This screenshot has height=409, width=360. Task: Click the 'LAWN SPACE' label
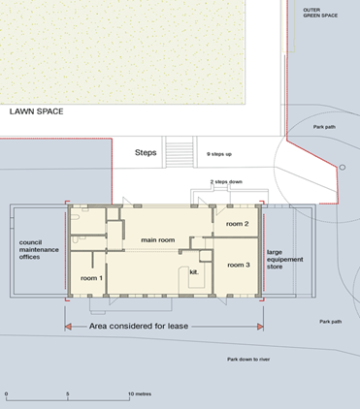pos(36,111)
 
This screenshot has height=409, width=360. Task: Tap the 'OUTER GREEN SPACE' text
pos(320,13)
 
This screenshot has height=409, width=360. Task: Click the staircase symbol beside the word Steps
pos(180,152)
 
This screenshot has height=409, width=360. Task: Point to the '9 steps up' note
pos(219,154)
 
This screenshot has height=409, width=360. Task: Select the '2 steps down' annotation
pos(226,182)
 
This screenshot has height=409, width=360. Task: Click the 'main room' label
pos(158,240)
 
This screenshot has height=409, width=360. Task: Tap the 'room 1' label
pos(91,278)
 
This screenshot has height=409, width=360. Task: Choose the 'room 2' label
pos(237,224)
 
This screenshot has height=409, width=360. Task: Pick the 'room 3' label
pos(239,266)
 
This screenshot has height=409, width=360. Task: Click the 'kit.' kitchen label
pos(194,272)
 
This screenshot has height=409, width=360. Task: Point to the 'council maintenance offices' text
pos(39,250)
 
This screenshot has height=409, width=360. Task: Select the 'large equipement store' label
pos(285,260)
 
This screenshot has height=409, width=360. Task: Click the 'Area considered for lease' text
pos(139,327)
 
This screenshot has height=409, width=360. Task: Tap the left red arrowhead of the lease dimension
pos(68,327)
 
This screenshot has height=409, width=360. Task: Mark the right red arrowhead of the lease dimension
pos(260,327)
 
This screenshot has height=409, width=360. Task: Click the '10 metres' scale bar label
pos(140,393)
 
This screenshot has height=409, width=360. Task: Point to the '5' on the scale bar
pos(68,393)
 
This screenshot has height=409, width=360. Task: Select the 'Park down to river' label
pos(248,360)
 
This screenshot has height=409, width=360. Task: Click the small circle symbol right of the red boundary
pos(343,168)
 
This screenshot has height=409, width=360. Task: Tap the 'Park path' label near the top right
pos(324,127)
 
